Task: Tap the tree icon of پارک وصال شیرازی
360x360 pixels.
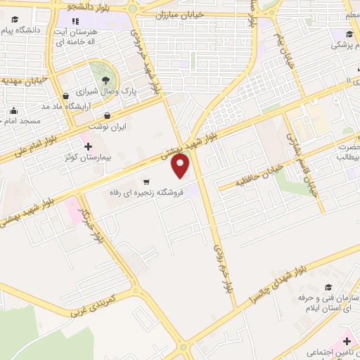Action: (105, 79)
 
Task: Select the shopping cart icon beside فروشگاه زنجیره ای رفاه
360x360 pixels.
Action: (146, 180)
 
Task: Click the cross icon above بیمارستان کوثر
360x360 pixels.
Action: (88, 146)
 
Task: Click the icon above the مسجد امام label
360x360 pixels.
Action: (13, 110)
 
